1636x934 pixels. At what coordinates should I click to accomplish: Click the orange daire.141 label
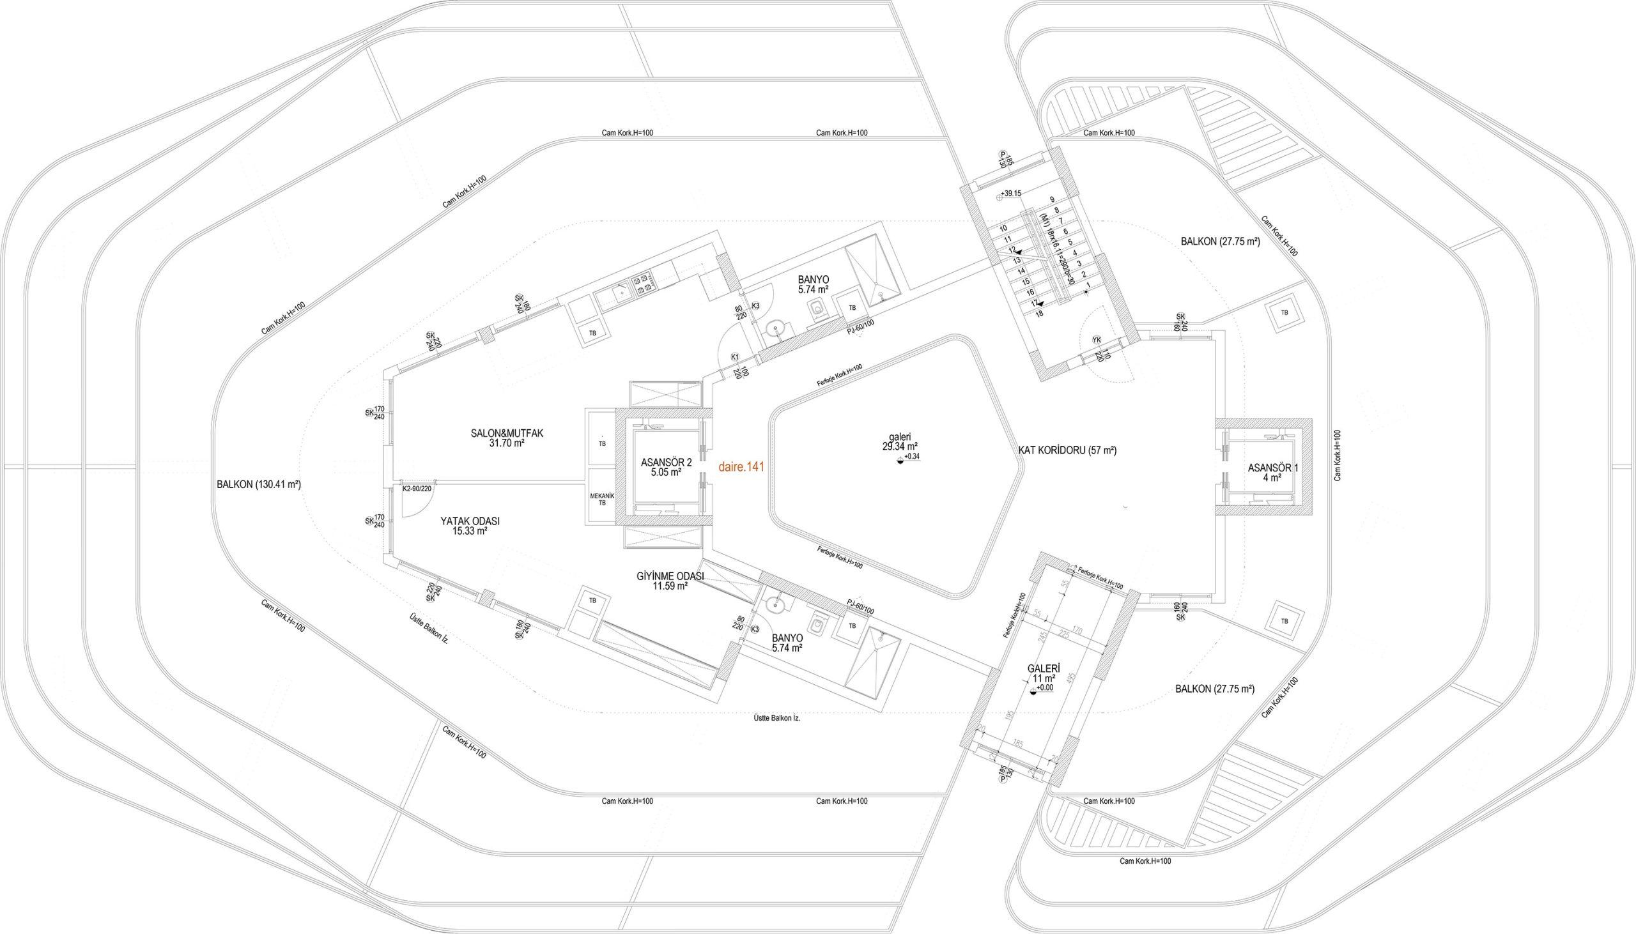[741, 468]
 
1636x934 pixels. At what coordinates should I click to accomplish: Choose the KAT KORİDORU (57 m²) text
[1068, 451]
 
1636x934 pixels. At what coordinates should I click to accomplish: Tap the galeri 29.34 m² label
[899, 441]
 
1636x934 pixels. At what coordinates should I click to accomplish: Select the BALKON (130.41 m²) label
[259, 485]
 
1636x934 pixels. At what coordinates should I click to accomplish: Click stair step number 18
[1038, 313]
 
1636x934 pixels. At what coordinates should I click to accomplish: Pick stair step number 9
[1052, 199]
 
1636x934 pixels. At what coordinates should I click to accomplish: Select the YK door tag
[1097, 340]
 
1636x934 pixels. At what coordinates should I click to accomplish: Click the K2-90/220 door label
[417, 489]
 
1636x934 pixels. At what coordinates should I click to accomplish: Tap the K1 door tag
[734, 356]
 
